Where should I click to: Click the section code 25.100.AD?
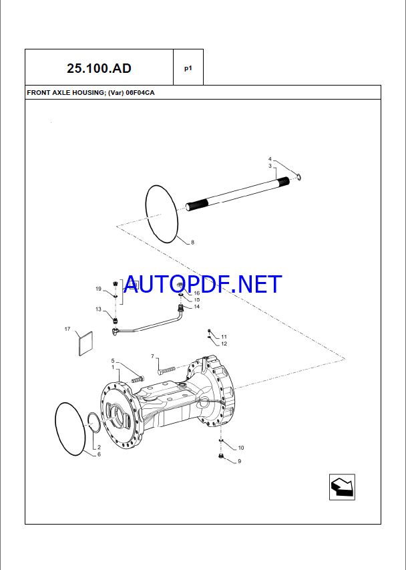coord(99,68)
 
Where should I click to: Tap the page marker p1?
coord(188,68)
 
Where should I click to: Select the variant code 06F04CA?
coord(140,93)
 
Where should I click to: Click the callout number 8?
coord(192,242)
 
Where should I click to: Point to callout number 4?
coord(270,159)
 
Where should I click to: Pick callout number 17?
coord(67,329)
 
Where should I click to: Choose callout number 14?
coord(197,307)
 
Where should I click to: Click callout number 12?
coord(224,343)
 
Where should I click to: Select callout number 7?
coord(152,356)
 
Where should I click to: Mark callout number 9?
coord(239,461)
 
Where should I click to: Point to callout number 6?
coord(99,454)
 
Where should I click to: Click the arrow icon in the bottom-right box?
coord(342,487)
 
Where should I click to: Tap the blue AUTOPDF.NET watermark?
coord(202,284)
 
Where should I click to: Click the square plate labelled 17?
coord(85,343)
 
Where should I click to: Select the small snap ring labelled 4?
coord(298,177)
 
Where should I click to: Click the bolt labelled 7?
coord(167,370)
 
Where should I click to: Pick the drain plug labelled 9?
coord(221,456)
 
